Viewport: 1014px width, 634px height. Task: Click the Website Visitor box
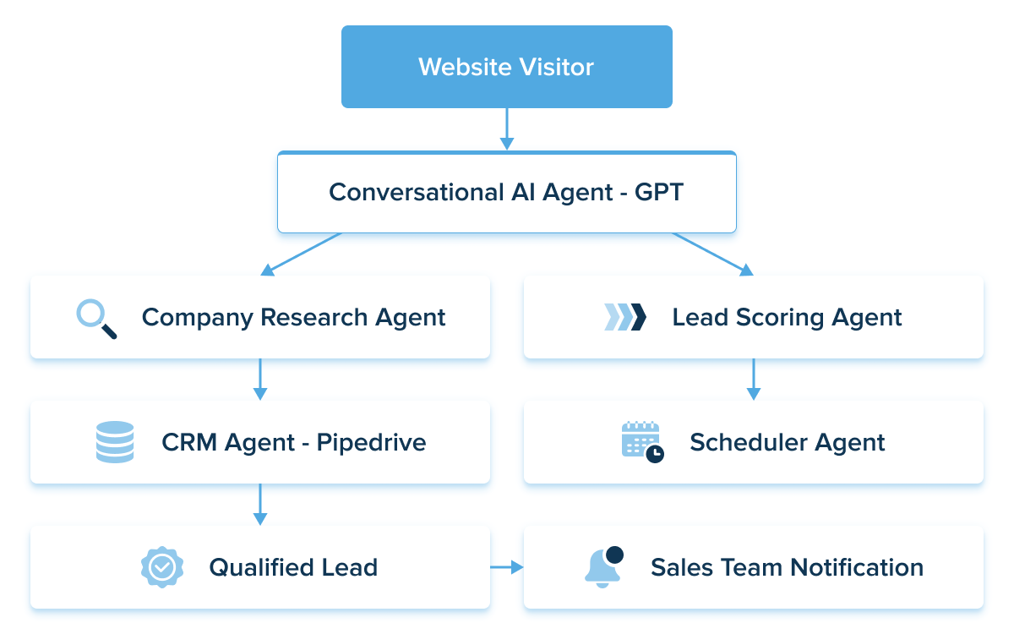(x=506, y=67)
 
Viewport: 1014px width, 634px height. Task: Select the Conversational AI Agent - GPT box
(x=506, y=192)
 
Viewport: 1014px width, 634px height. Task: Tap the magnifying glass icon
(x=96, y=319)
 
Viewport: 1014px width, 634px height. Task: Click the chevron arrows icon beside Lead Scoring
(x=625, y=317)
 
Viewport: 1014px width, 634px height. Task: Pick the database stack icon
(x=115, y=442)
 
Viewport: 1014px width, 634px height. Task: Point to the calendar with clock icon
(x=642, y=442)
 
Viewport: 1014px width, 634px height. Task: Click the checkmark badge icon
(x=161, y=567)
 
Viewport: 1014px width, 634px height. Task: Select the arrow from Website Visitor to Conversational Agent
(x=506, y=129)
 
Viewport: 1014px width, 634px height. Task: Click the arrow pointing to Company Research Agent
(x=302, y=254)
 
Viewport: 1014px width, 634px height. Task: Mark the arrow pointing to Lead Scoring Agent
(x=712, y=254)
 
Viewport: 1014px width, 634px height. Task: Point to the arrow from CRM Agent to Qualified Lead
(x=259, y=504)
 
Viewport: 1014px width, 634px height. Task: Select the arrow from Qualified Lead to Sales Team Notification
(x=507, y=567)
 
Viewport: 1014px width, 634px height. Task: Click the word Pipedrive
(x=371, y=442)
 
